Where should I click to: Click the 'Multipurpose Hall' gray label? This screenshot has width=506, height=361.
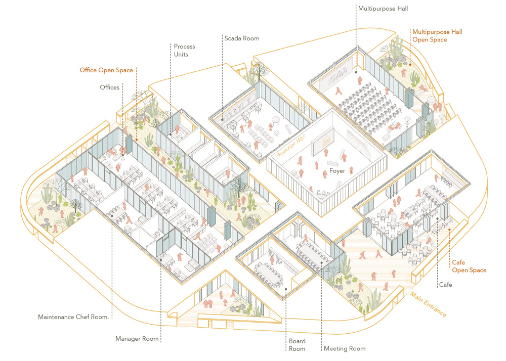point(383,9)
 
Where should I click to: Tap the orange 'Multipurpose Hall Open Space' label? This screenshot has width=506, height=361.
point(437,36)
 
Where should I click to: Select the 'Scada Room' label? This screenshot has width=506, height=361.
point(242,38)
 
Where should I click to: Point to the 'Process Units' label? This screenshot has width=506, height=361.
point(184,50)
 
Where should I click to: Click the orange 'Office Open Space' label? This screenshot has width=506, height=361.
point(106,70)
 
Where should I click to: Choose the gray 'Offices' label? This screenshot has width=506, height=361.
point(109,87)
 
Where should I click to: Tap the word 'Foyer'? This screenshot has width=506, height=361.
point(337,171)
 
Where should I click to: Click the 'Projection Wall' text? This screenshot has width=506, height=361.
point(290,146)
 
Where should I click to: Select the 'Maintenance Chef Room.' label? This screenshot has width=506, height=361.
point(73,317)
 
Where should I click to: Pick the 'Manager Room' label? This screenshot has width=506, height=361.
point(137,339)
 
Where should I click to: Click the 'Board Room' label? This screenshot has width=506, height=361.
point(297,345)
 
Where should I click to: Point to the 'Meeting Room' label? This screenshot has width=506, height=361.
point(345,348)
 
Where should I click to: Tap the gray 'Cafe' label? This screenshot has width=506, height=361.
point(445,285)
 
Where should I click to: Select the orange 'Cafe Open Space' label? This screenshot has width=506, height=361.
point(469,266)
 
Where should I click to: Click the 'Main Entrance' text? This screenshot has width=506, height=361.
point(428,304)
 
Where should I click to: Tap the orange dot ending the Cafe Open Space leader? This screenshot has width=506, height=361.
point(449,230)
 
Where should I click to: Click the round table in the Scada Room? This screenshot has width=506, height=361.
point(276,120)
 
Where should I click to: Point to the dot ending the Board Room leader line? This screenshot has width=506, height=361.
point(286,289)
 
